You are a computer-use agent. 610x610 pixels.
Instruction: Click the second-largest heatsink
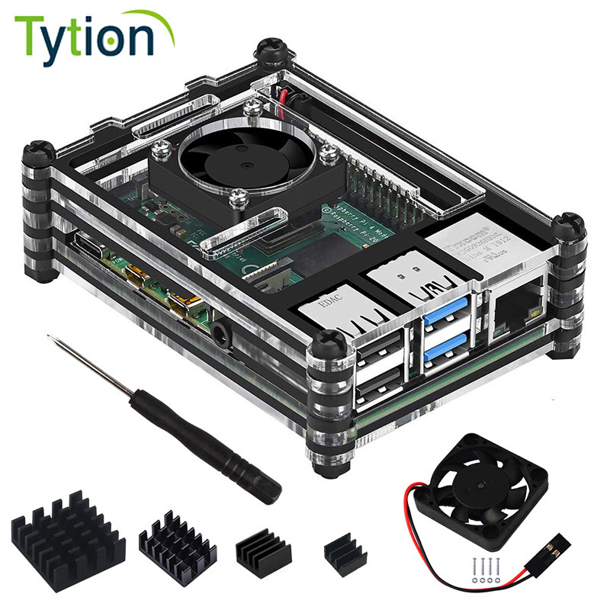pyautogui.click(x=178, y=542)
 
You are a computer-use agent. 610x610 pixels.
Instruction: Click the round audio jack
pyautogui.click(x=223, y=332)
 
